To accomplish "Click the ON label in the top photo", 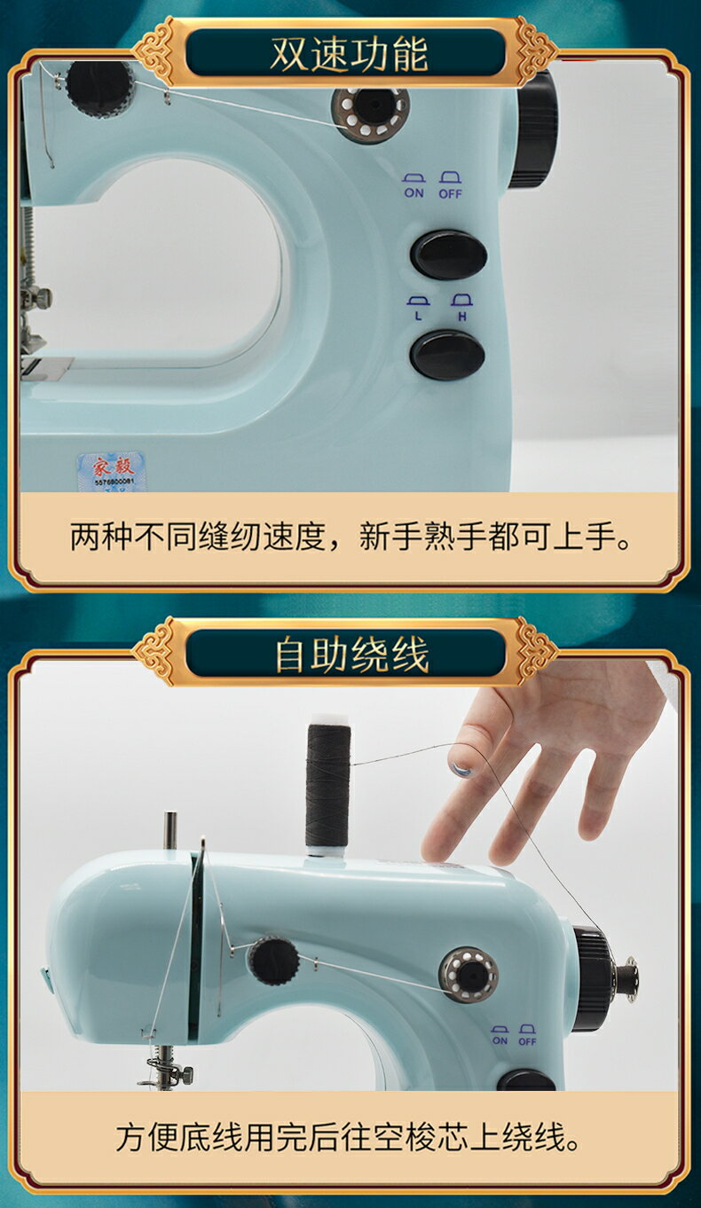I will pyautogui.click(x=414, y=192).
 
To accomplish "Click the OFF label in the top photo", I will pyautogui.click(x=450, y=192).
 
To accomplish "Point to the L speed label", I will pyautogui.click(x=417, y=315).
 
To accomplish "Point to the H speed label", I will pyautogui.click(x=461, y=315).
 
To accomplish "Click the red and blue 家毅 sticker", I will pyautogui.click(x=111, y=470).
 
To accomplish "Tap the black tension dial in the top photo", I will pyautogui.click(x=99, y=88).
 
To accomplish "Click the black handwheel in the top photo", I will pyautogui.click(x=534, y=129).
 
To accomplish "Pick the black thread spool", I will pyautogui.click(x=328, y=786).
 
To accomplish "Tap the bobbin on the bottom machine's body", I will pyautogui.click(x=469, y=974).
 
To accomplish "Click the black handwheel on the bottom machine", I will pyautogui.click(x=591, y=978).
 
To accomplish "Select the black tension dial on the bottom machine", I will pyautogui.click(x=272, y=961).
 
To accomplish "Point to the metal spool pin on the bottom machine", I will pyautogui.click(x=169, y=830).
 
